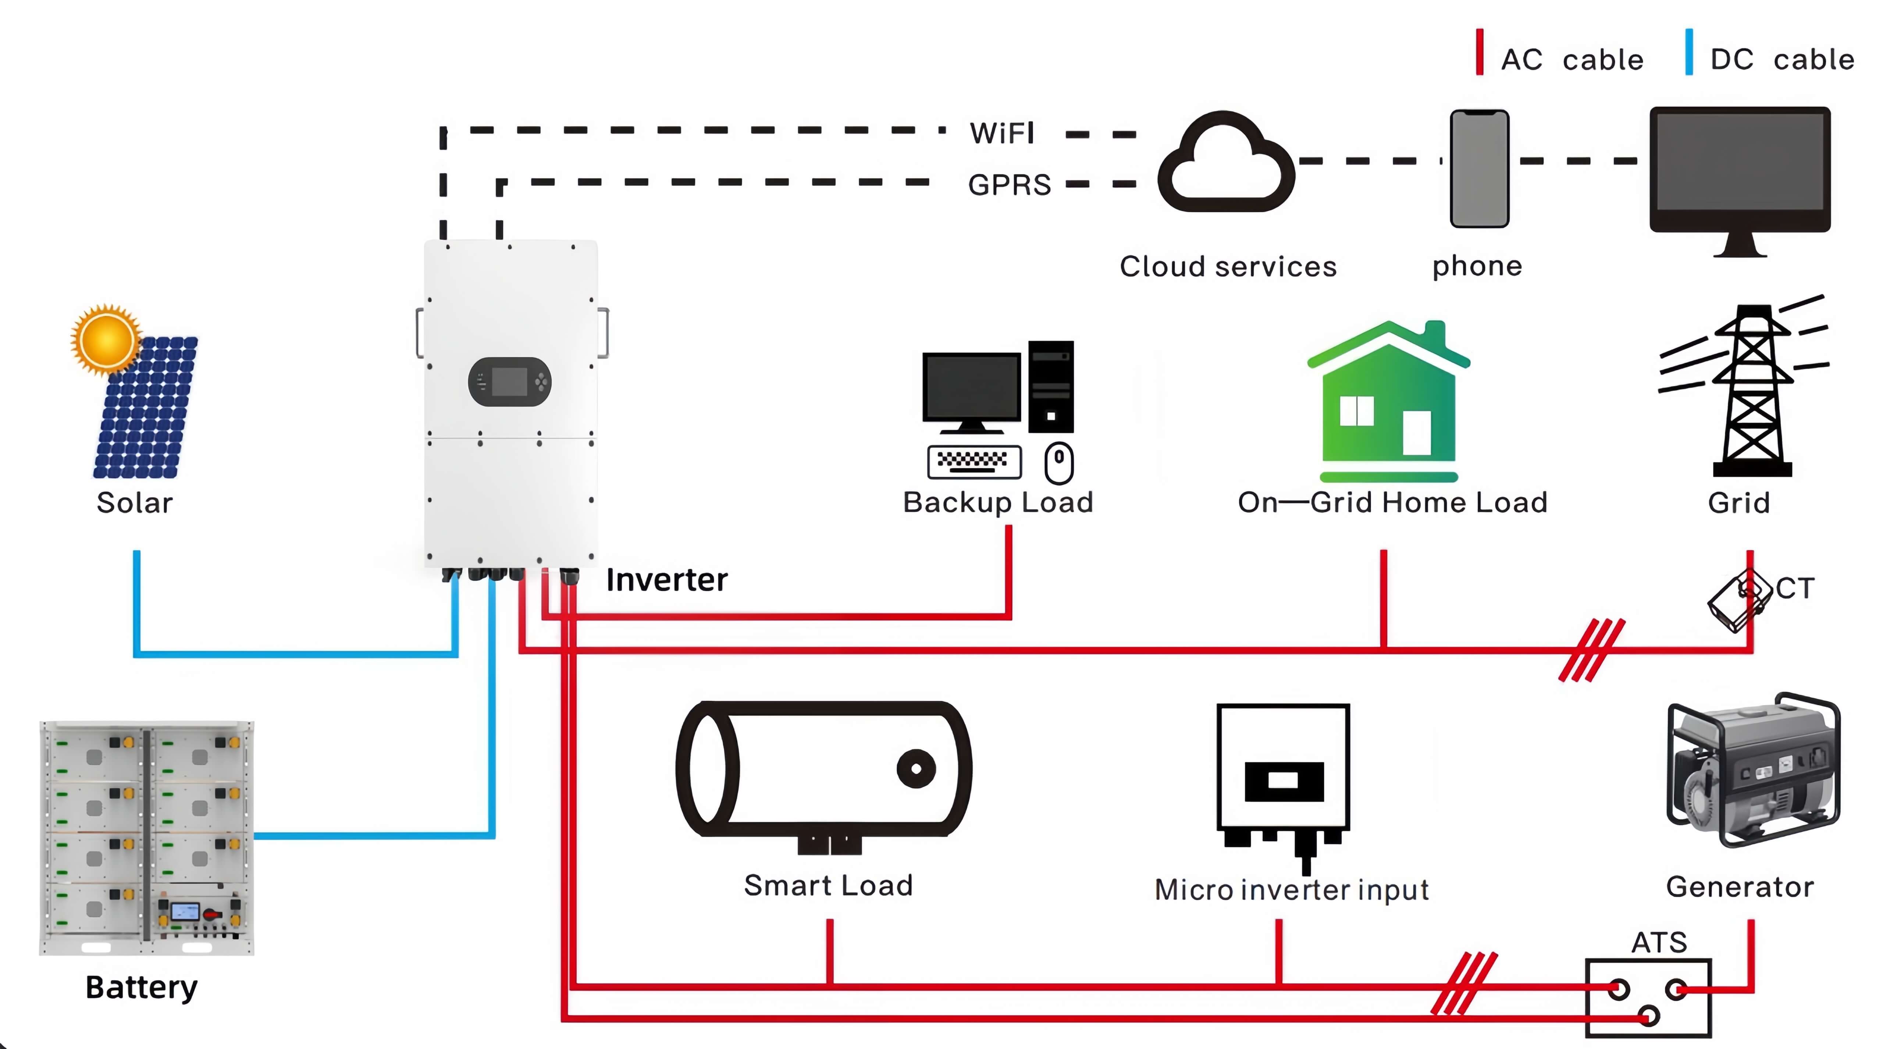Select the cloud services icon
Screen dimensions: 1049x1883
[1226, 164]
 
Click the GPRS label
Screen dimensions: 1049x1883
[1010, 185]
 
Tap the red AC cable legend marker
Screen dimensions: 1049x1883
[1480, 52]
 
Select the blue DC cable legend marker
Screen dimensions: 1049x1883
[1688, 52]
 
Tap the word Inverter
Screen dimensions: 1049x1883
[666, 580]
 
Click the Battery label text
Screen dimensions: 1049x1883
[141, 988]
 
